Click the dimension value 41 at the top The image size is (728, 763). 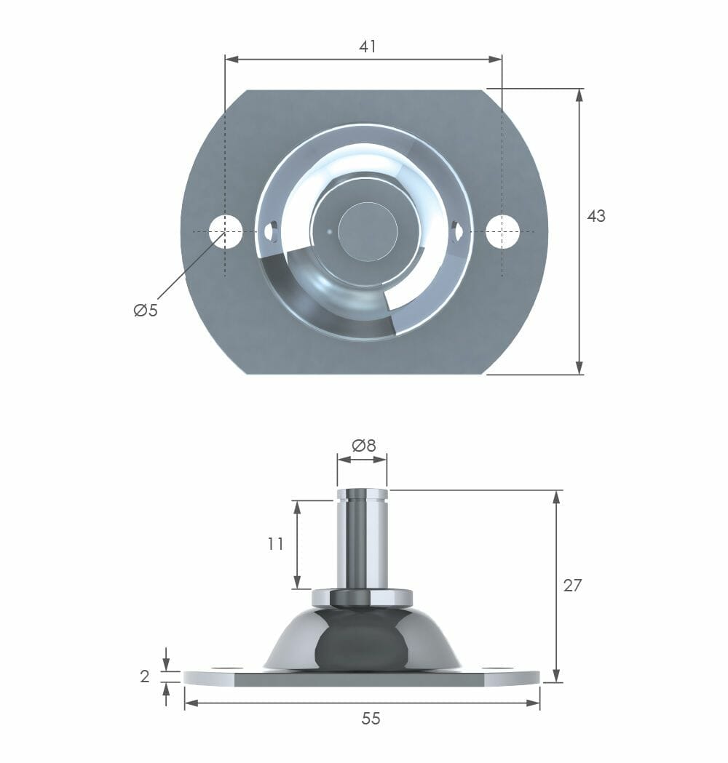tap(368, 47)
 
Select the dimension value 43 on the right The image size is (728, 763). tap(596, 216)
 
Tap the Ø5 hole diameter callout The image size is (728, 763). tap(146, 311)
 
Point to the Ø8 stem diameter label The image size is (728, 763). tap(363, 446)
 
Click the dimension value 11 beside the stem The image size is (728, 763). tap(275, 543)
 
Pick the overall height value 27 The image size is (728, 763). tap(572, 585)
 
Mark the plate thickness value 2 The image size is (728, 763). tap(145, 676)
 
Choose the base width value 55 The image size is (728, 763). tap(371, 719)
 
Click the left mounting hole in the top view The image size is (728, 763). tap(225, 231)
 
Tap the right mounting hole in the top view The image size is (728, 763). tap(502, 231)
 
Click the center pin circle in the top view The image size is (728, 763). tap(368, 231)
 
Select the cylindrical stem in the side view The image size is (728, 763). tap(362, 542)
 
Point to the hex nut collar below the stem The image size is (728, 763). tap(362, 598)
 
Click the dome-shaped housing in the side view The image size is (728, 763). tap(362, 640)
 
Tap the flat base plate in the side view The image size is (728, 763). tap(362, 679)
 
